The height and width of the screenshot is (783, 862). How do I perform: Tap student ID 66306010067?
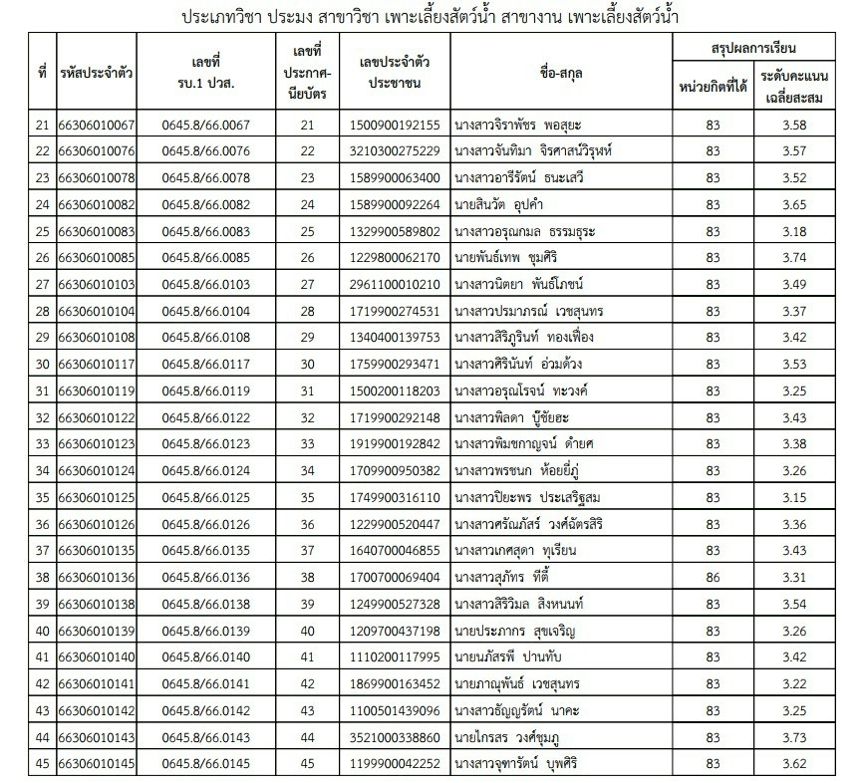click(x=97, y=125)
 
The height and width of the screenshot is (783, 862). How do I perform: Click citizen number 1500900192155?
click(x=396, y=125)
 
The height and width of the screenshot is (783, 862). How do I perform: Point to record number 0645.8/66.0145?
click(x=205, y=763)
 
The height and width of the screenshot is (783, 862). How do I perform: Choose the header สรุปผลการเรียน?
click(x=754, y=48)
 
